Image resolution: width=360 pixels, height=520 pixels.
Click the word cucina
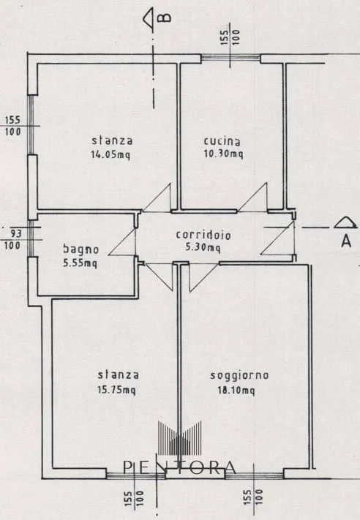[222, 141]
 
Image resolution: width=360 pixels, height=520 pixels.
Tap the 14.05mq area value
[110, 154]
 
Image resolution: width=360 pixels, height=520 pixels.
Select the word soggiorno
[239, 375]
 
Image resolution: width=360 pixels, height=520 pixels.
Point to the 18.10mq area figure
[236, 391]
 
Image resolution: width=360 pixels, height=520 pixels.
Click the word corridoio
[203, 235]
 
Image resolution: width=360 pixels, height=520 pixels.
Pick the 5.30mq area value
[203, 247]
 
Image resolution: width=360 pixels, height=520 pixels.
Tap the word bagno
[81, 249]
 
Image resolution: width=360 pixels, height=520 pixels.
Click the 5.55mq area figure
[80, 263]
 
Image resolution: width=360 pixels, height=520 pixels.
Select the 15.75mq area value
[116, 390]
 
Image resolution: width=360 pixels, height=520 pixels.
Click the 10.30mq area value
[223, 154]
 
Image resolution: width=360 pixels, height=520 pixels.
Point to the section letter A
[346, 241]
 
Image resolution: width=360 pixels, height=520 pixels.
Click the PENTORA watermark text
[179, 467]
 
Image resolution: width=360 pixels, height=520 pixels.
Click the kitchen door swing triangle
[252, 197]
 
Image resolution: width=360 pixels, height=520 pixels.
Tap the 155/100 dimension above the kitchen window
[230, 37]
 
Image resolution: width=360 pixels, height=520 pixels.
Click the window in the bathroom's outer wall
[31, 238]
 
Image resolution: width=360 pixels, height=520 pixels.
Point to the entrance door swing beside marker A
[278, 238]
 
